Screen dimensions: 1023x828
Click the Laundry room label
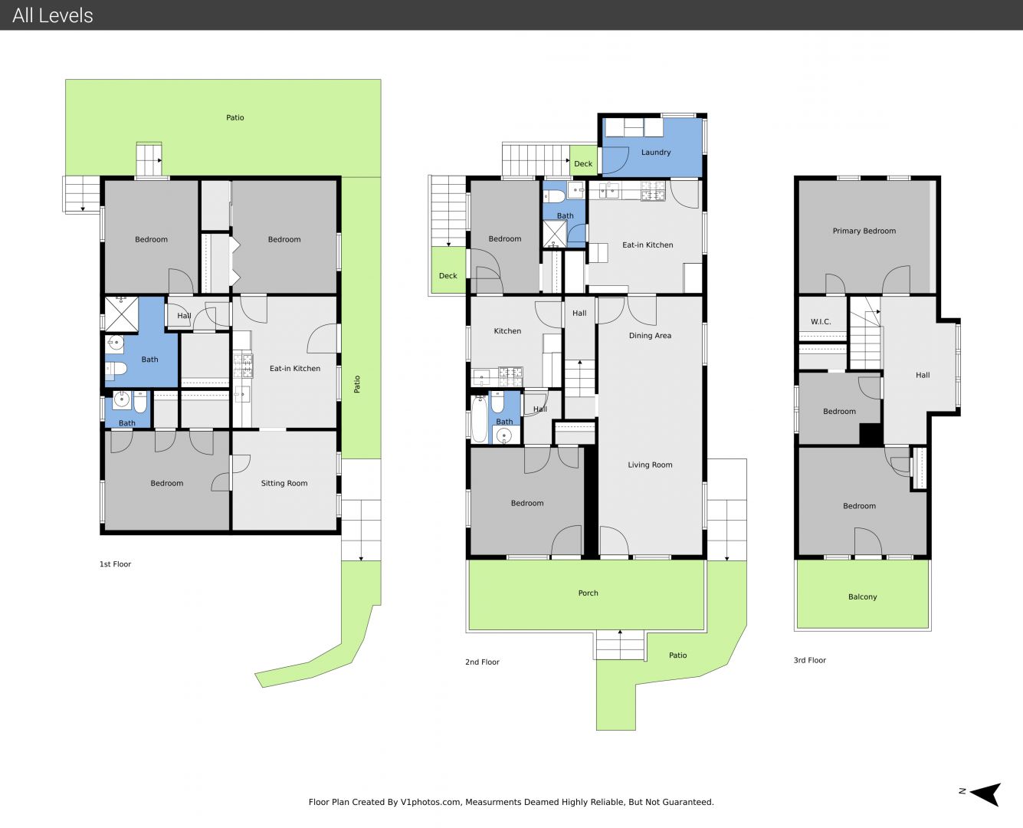(x=656, y=153)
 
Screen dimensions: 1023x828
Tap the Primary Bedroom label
(x=864, y=231)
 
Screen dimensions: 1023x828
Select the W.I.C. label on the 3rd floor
(x=821, y=321)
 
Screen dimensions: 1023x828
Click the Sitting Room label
(x=284, y=484)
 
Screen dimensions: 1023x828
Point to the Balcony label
(x=862, y=597)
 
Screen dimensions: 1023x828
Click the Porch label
(x=588, y=593)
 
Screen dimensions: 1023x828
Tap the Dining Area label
(x=650, y=336)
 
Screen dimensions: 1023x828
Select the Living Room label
(x=650, y=465)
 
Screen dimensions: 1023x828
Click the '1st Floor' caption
(x=115, y=564)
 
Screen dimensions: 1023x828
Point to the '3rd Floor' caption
(x=809, y=660)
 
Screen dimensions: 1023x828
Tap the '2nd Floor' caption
(x=482, y=662)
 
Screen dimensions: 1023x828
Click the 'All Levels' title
(x=52, y=15)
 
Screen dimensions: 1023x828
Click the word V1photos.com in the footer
(x=431, y=802)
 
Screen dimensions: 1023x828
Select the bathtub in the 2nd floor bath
(x=479, y=419)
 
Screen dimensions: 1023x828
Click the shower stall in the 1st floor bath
(x=122, y=315)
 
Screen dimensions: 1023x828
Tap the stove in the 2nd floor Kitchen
(x=510, y=376)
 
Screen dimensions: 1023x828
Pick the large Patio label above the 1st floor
(x=234, y=118)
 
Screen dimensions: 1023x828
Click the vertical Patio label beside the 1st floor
(x=357, y=384)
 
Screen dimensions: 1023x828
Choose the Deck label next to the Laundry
(x=583, y=164)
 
